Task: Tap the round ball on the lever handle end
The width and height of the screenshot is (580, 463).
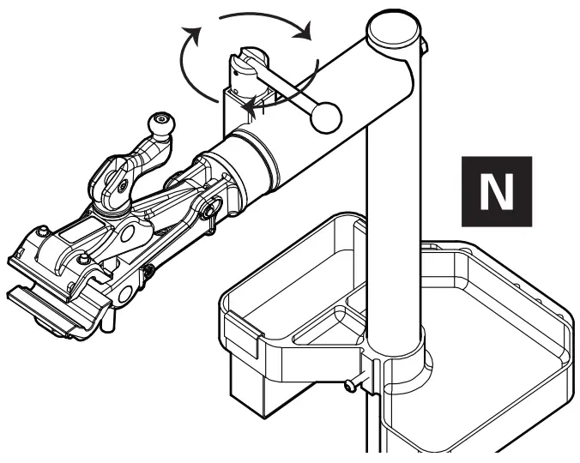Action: pos(327,119)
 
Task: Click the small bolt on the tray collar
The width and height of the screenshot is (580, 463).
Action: pos(350,388)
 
